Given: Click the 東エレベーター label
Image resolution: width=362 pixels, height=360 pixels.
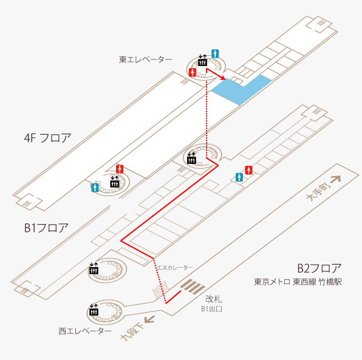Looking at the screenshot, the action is pyautogui.click(x=145, y=59).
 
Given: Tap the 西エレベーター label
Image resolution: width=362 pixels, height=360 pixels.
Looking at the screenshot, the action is pyautogui.click(x=85, y=331).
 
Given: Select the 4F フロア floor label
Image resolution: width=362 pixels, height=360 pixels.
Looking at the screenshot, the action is pyautogui.click(x=47, y=138).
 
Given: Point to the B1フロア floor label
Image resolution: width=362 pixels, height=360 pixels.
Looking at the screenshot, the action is pyautogui.click(x=46, y=228).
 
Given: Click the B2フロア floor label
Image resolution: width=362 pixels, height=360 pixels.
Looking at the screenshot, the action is pyautogui.click(x=319, y=268).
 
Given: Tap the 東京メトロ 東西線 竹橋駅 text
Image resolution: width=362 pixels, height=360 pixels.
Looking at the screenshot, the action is pyautogui.click(x=298, y=282).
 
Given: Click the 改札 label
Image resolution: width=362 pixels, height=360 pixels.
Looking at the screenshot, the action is pyautogui.click(x=214, y=299).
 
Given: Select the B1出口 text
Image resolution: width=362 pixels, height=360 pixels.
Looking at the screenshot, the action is pyautogui.click(x=212, y=309).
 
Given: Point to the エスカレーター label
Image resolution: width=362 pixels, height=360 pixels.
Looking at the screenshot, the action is pyautogui.click(x=175, y=268).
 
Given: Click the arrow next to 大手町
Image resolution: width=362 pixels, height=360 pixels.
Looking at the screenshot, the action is pyautogui.click(x=335, y=179).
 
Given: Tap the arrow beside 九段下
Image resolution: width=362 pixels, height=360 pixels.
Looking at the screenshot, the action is pyautogui.click(x=149, y=319).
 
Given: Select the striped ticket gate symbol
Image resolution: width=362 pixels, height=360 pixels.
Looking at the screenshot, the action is pyautogui.click(x=193, y=287).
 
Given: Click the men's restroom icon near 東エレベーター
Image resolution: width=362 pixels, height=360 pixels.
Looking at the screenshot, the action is pyautogui.click(x=215, y=54).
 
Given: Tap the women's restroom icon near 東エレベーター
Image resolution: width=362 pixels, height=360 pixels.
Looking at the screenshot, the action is pyautogui.click(x=193, y=72).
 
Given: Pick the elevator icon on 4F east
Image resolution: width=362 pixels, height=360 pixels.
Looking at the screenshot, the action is pyautogui.click(x=202, y=61).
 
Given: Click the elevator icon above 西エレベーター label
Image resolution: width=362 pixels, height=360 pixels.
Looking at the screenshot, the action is pyautogui.click(x=94, y=310).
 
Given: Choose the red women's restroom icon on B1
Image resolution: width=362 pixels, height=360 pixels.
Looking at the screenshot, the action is pyautogui.click(x=248, y=170).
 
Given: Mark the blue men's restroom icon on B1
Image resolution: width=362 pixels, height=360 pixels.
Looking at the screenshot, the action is pyautogui.click(x=239, y=177).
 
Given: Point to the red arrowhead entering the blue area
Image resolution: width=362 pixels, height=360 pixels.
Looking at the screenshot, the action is pyautogui.click(x=223, y=78).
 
